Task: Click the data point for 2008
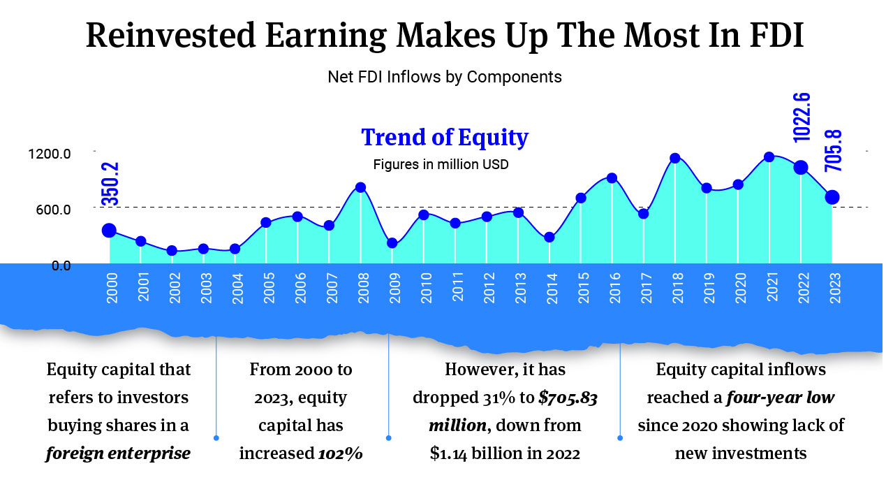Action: [x=360, y=187]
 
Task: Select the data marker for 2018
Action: [x=674, y=158]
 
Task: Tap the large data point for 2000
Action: [x=109, y=231]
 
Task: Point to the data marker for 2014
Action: [x=549, y=237]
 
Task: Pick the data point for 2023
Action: [x=832, y=198]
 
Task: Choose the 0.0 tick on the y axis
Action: [x=61, y=265]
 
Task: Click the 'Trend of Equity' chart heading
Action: [x=444, y=138]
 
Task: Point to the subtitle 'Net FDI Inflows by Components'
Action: [x=444, y=77]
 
